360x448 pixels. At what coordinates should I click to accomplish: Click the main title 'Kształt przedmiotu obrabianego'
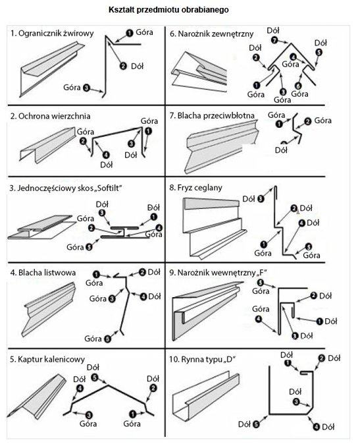point(168,10)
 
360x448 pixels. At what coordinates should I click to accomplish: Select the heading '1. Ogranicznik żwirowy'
point(52,34)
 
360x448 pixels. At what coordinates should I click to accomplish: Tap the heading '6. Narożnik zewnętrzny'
point(211,34)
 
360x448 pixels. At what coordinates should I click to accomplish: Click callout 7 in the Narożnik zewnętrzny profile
point(274,40)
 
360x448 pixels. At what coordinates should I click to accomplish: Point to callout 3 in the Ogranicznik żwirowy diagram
point(86,88)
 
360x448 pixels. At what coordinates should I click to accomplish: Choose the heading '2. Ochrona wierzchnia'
point(50,116)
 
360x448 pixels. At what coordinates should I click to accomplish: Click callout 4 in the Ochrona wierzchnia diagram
point(105,155)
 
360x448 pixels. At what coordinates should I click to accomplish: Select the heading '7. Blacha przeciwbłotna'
point(212,115)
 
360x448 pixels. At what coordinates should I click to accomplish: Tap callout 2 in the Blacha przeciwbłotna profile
point(307,121)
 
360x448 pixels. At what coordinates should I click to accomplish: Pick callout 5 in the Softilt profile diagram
point(89,246)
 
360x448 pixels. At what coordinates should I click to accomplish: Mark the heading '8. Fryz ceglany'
point(195,188)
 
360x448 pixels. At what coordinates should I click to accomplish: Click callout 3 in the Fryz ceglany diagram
point(261,198)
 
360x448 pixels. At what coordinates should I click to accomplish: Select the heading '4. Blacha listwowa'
point(43,273)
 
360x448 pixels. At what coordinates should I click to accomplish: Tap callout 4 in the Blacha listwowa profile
point(143,296)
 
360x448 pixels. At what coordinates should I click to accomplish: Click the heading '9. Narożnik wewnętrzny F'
point(218,273)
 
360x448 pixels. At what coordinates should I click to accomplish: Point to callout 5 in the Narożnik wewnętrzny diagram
point(260,283)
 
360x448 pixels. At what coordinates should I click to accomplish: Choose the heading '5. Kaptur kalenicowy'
point(47,359)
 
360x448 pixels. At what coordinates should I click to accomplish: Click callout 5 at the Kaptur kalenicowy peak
point(95,378)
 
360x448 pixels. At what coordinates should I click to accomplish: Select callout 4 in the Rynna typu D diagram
point(317,427)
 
